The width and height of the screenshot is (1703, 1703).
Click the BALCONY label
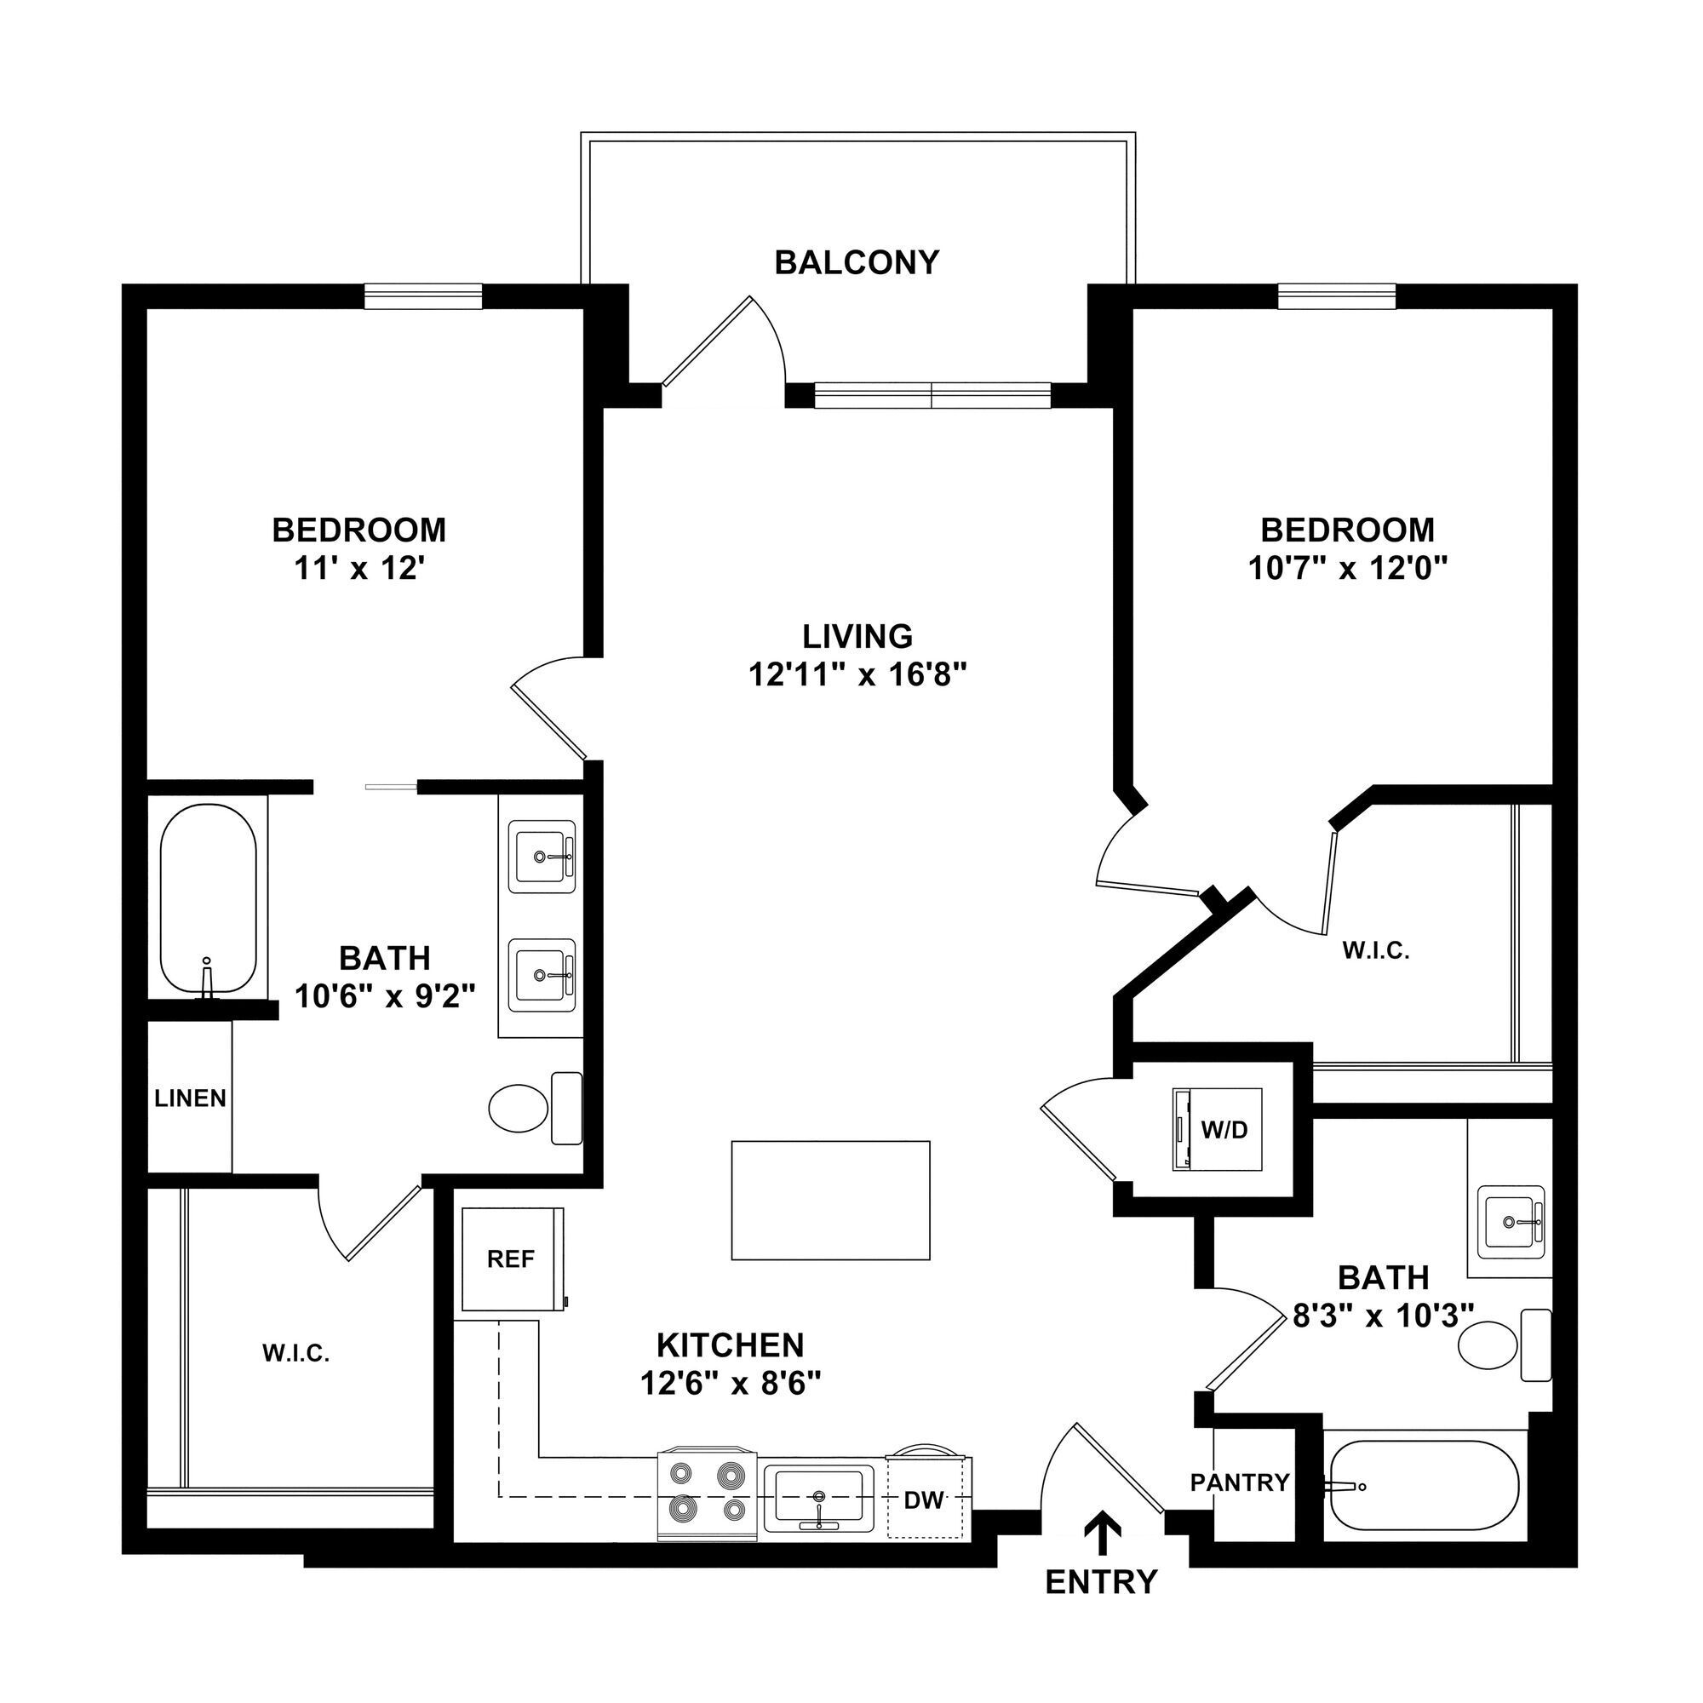tap(856, 262)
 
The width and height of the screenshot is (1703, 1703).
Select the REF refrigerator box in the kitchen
tap(511, 1259)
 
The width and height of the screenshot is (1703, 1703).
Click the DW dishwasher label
tap(925, 1499)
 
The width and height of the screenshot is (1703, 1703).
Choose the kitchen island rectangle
tap(830, 1201)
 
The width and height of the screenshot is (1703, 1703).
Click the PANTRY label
tap(1239, 1482)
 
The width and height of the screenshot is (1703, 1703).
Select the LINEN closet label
tap(191, 1098)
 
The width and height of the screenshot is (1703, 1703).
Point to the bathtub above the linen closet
tap(208, 899)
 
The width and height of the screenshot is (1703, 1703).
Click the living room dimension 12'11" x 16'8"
tap(857, 675)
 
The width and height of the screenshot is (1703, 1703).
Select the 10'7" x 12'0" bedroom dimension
tap(1348, 570)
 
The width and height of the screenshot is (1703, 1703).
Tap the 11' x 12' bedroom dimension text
tap(359, 570)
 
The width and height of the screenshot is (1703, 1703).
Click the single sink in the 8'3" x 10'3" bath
tap(1512, 1222)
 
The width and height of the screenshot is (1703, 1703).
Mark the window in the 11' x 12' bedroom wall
tap(423, 296)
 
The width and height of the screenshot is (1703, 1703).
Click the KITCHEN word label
tap(730, 1345)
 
